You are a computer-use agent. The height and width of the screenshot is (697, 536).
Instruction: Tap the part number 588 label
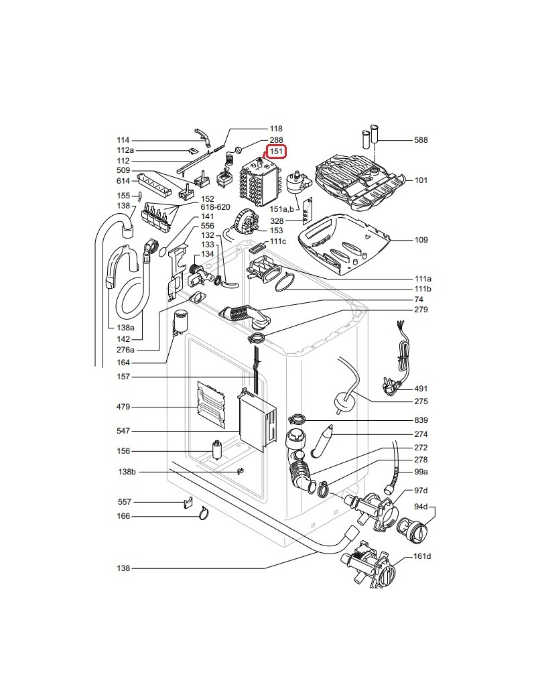point(421,140)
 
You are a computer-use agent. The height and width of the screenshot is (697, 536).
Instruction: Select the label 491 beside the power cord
point(421,389)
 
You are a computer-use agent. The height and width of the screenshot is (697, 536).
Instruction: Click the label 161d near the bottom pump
point(422,556)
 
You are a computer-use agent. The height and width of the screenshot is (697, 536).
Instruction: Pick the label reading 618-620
point(215,208)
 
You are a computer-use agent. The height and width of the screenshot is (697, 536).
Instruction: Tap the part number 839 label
point(421,420)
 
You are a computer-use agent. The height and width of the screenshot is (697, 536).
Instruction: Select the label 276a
point(125,350)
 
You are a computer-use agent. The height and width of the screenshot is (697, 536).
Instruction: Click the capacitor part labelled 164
point(180,320)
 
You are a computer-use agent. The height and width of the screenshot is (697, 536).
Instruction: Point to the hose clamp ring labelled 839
point(297,420)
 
